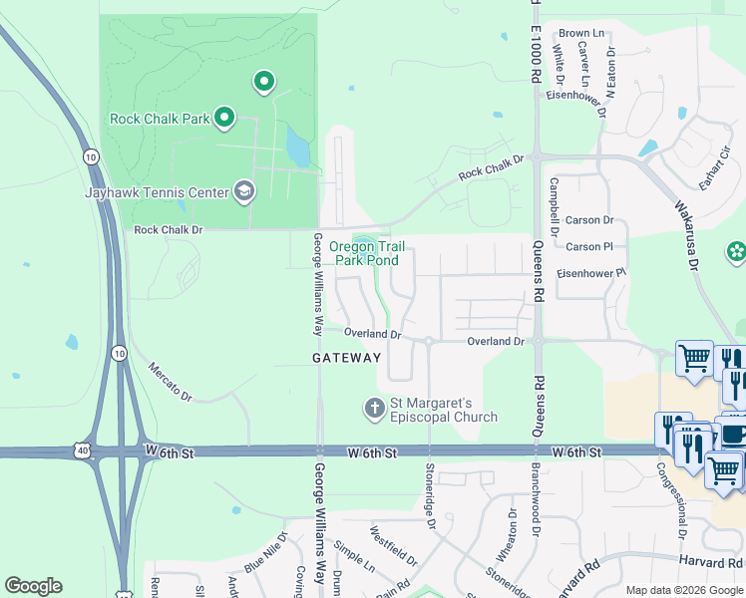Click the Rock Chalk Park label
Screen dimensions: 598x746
click(x=159, y=119)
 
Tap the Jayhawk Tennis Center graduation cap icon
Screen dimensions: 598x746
click(x=243, y=191)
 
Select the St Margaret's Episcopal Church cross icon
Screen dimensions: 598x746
click(x=374, y=407)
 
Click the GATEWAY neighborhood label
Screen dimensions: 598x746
click(x=346, y=357)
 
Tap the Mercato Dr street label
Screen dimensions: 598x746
click(x=170, y=380)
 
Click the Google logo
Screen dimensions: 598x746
click(x=33, y=586)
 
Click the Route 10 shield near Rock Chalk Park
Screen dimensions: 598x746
click(x=90, y=156)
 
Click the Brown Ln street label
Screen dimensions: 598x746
click(x=581, y=33)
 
